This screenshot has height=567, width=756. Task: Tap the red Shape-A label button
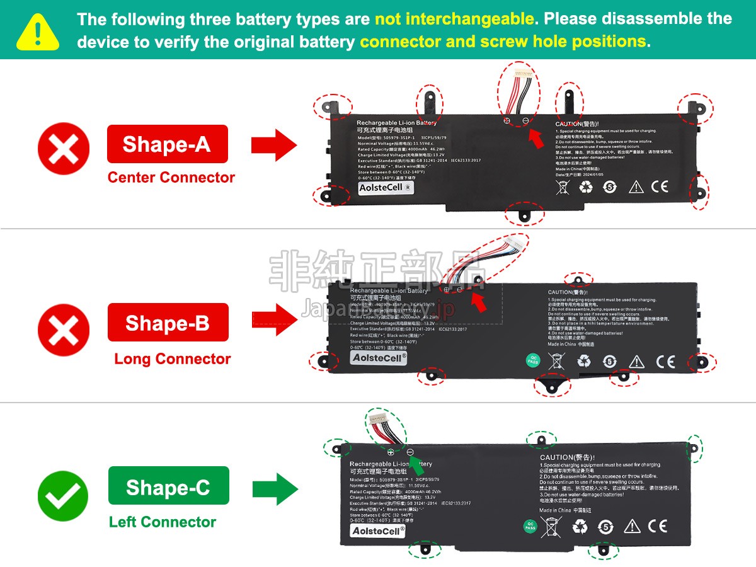pyautogui.click(x=167, y=144)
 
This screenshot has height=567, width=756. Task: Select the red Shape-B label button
pyautogui.click(x=168, y=323)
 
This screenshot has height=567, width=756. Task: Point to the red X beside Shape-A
pyautogui.click(x=63, y=151)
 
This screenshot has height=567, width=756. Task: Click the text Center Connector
pyautogui.click(x=171, y=178)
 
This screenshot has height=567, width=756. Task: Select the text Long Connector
pyautogui.click(x=172, y=359)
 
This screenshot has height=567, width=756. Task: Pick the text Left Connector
pyautogui.click(x=163, y=522)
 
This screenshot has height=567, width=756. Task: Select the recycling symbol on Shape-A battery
pyautogui.click(x=586, y=186)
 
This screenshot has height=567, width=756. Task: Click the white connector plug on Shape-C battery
pyautogui.click(x=379, y=418)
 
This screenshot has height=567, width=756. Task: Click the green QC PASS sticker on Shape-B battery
pyautogui.click(x=532, y=361)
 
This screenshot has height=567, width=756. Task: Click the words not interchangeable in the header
pyautogui.click(x=454, y=19)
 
